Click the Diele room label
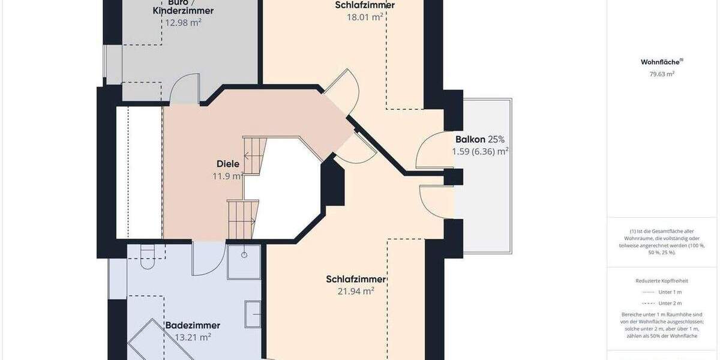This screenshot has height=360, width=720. pos(228,164)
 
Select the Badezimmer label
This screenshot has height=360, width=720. pos(193,325)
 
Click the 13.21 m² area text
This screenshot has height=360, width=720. pos(193,337)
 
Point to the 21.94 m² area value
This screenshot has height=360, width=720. pos(356,291)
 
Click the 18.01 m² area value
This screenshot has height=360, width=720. pos(365,17)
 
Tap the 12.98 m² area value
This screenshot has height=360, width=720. pos(183,22)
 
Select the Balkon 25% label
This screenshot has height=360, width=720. pos(480,139)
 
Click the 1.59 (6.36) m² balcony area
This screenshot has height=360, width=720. pos(480,151)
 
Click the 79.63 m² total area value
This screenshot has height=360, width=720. pos(662,74)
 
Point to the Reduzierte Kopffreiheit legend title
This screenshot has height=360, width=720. pos(662,281)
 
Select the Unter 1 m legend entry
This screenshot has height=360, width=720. pos(670,292)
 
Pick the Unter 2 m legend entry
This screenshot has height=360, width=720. pos(670,303)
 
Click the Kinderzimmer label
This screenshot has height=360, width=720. pos(183,11)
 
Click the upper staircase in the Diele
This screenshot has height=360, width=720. pos(253,155)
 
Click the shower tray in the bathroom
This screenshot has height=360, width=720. pos(244,262)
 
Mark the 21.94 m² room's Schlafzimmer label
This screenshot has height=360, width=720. pos(356,279)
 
